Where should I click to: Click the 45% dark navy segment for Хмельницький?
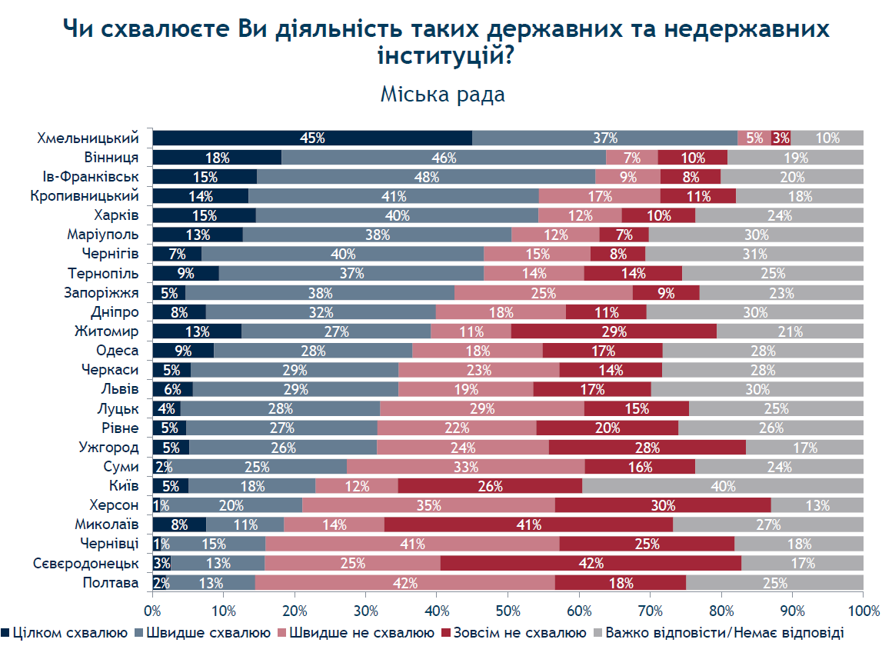click(312, 138)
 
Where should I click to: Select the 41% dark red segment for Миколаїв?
click(528, 524)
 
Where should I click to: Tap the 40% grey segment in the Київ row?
click(723, 485)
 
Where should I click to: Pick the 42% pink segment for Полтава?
click(405, 583)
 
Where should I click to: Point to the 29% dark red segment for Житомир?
click(614, 331)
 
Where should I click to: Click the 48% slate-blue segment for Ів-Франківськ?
click(426, 176)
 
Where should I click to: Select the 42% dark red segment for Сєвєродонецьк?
click(591, 563)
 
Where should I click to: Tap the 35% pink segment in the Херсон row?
click(429, 504)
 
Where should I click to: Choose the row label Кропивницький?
click(84, 196)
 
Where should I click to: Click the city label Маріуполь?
click(103, 235)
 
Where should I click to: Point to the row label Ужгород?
click(108, 448)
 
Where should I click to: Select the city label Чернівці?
click(109, 544)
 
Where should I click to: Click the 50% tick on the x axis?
click(508, 592)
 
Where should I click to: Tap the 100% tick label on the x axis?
click(864, 611)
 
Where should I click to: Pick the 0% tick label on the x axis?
click(152, 611)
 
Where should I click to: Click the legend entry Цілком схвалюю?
click(65, 633)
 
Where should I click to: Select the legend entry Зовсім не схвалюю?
click(513, 633)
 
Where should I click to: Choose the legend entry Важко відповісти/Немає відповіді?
click(718, 633)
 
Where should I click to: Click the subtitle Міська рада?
click(443, 95)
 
